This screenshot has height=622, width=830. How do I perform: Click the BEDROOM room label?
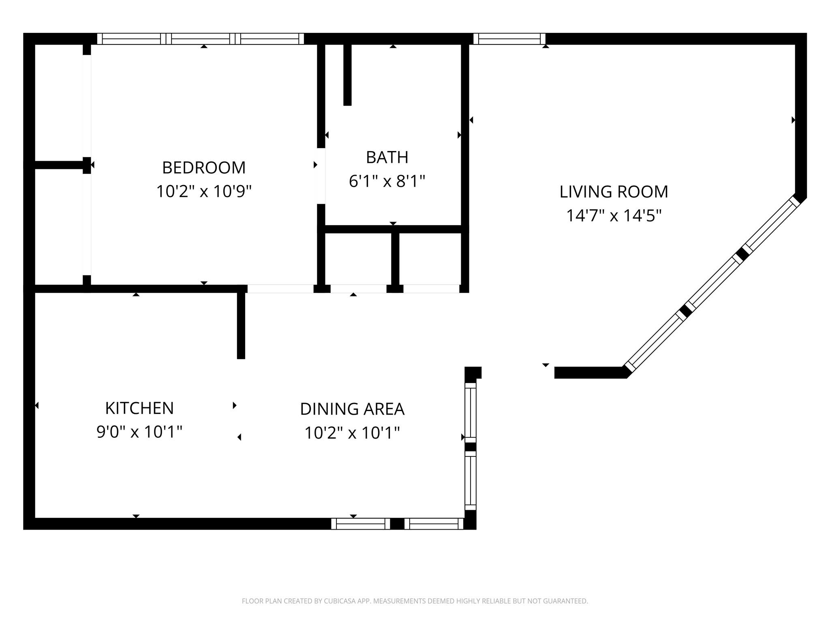(x=204, y=168)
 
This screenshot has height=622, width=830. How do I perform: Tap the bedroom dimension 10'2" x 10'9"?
(x=204, y=191)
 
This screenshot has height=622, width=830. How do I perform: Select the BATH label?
(x=387, y=158)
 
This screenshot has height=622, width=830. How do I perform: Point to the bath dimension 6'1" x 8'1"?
(x=387, y=181)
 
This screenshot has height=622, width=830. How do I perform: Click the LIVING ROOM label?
(x=614, y=192)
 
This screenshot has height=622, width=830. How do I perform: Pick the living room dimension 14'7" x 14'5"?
(x=614, y=215)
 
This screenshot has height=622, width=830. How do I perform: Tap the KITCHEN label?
(x=139, y=408)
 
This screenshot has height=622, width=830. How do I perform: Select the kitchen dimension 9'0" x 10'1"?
(x=139, y=432)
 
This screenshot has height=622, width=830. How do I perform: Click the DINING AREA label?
(x=352, y=409)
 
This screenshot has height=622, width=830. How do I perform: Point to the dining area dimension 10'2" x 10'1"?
(x=352, y=433)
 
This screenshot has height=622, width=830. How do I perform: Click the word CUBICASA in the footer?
(x=341, y=601)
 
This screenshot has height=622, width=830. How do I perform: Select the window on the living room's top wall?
(x=509, y=39)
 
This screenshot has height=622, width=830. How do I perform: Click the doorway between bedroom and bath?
(x=321, y=176)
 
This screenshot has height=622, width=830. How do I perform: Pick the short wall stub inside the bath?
(x=347, y=75)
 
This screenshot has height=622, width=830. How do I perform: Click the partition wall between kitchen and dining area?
(x=241, y=324)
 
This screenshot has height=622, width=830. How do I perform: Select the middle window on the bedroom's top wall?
(x=201, y=39)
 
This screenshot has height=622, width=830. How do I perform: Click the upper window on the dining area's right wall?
(x=470, y=412)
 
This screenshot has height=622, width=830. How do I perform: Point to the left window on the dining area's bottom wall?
(x=360, y=524)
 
